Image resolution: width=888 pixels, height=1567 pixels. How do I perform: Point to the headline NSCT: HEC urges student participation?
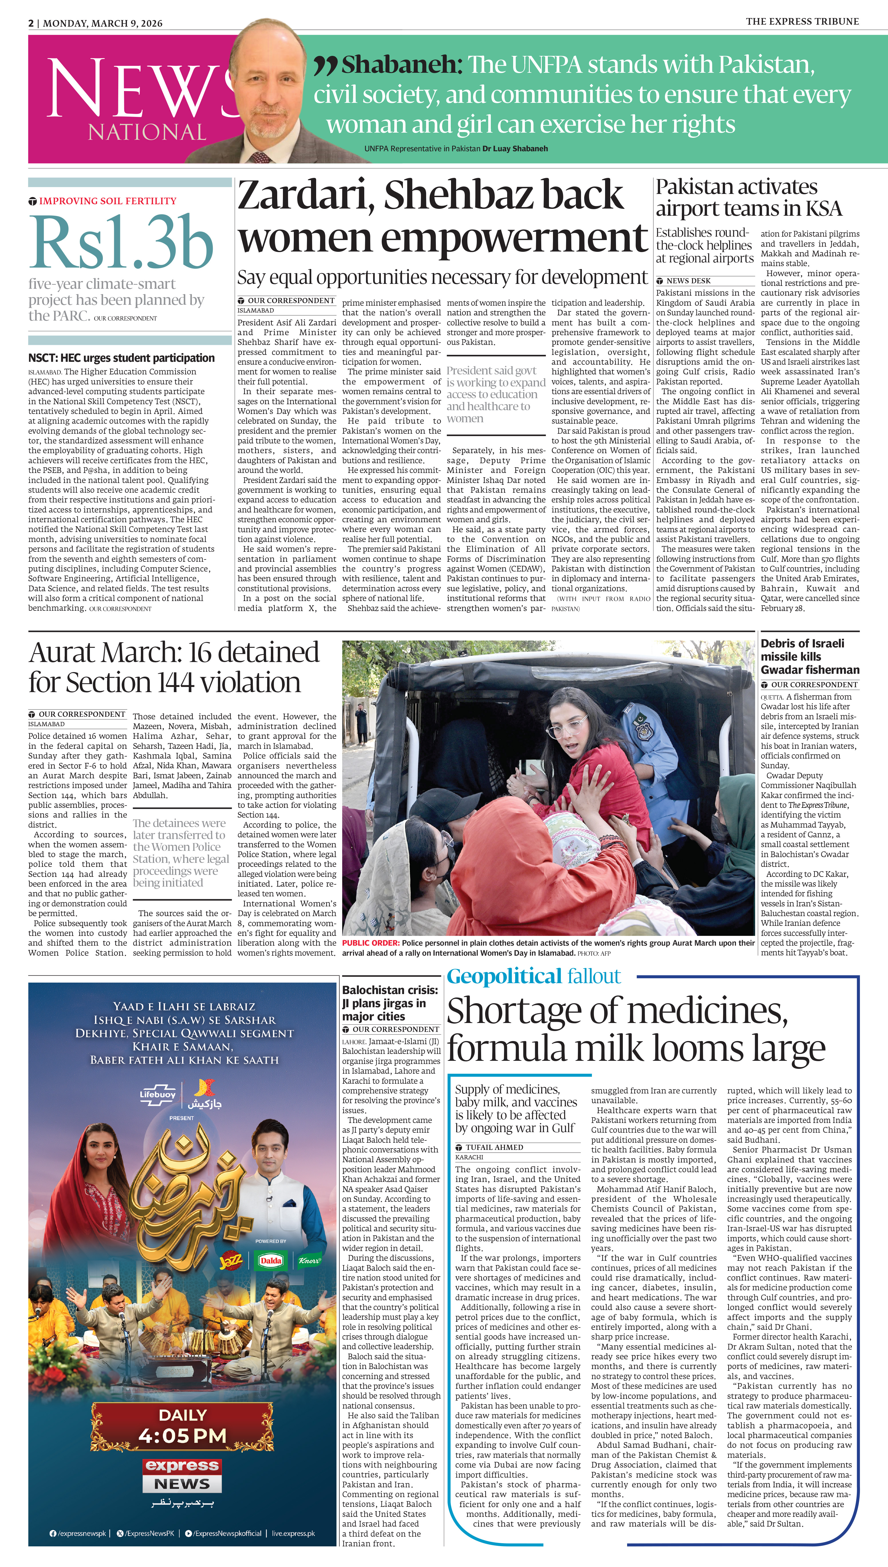tap(121, 358)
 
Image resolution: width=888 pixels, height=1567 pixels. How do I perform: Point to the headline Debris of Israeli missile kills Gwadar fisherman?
tap(809, 656)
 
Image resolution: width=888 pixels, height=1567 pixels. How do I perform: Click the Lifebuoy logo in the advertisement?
tap(157, 1095)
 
